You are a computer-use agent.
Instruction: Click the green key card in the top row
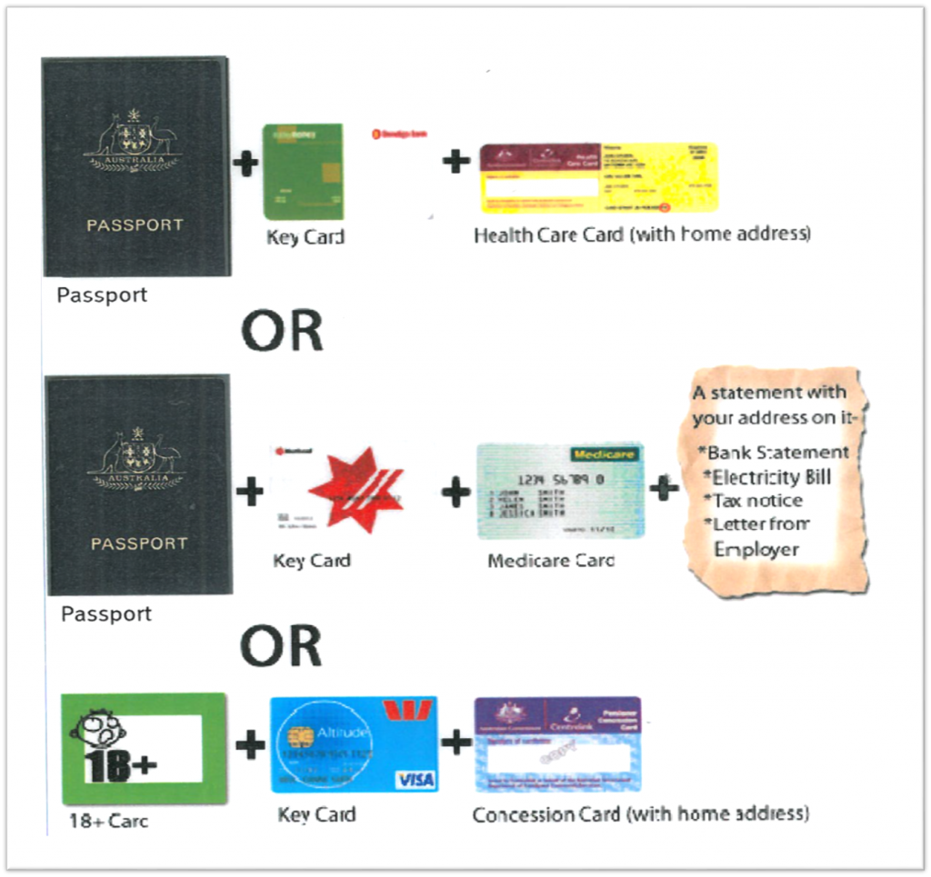[x=303, y=172]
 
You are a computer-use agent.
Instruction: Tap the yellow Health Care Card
[x=598, y=177]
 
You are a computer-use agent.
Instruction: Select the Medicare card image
[x=560, y=491]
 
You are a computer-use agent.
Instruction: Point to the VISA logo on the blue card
[x=415, y=780]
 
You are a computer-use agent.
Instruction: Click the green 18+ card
[x=144, y=748]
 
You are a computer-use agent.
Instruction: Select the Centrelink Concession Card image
[x=556, y=744]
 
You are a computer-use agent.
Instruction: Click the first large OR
[x=282, y=332]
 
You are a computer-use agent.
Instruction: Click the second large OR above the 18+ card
[x=281, y=646]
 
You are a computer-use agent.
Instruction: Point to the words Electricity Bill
[x=772, y=476]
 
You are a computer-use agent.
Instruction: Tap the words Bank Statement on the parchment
[x=778, y=452]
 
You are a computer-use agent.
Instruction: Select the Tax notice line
[x=757, y=501]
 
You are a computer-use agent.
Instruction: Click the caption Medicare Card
[x=551, y=561]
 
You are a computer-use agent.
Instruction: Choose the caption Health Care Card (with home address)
[x=642, y=234]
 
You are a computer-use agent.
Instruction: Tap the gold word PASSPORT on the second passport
[x=137, y=543]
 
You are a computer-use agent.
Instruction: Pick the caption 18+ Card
[x=108, y=821]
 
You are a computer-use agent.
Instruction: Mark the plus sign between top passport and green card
[x=245, y=164]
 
